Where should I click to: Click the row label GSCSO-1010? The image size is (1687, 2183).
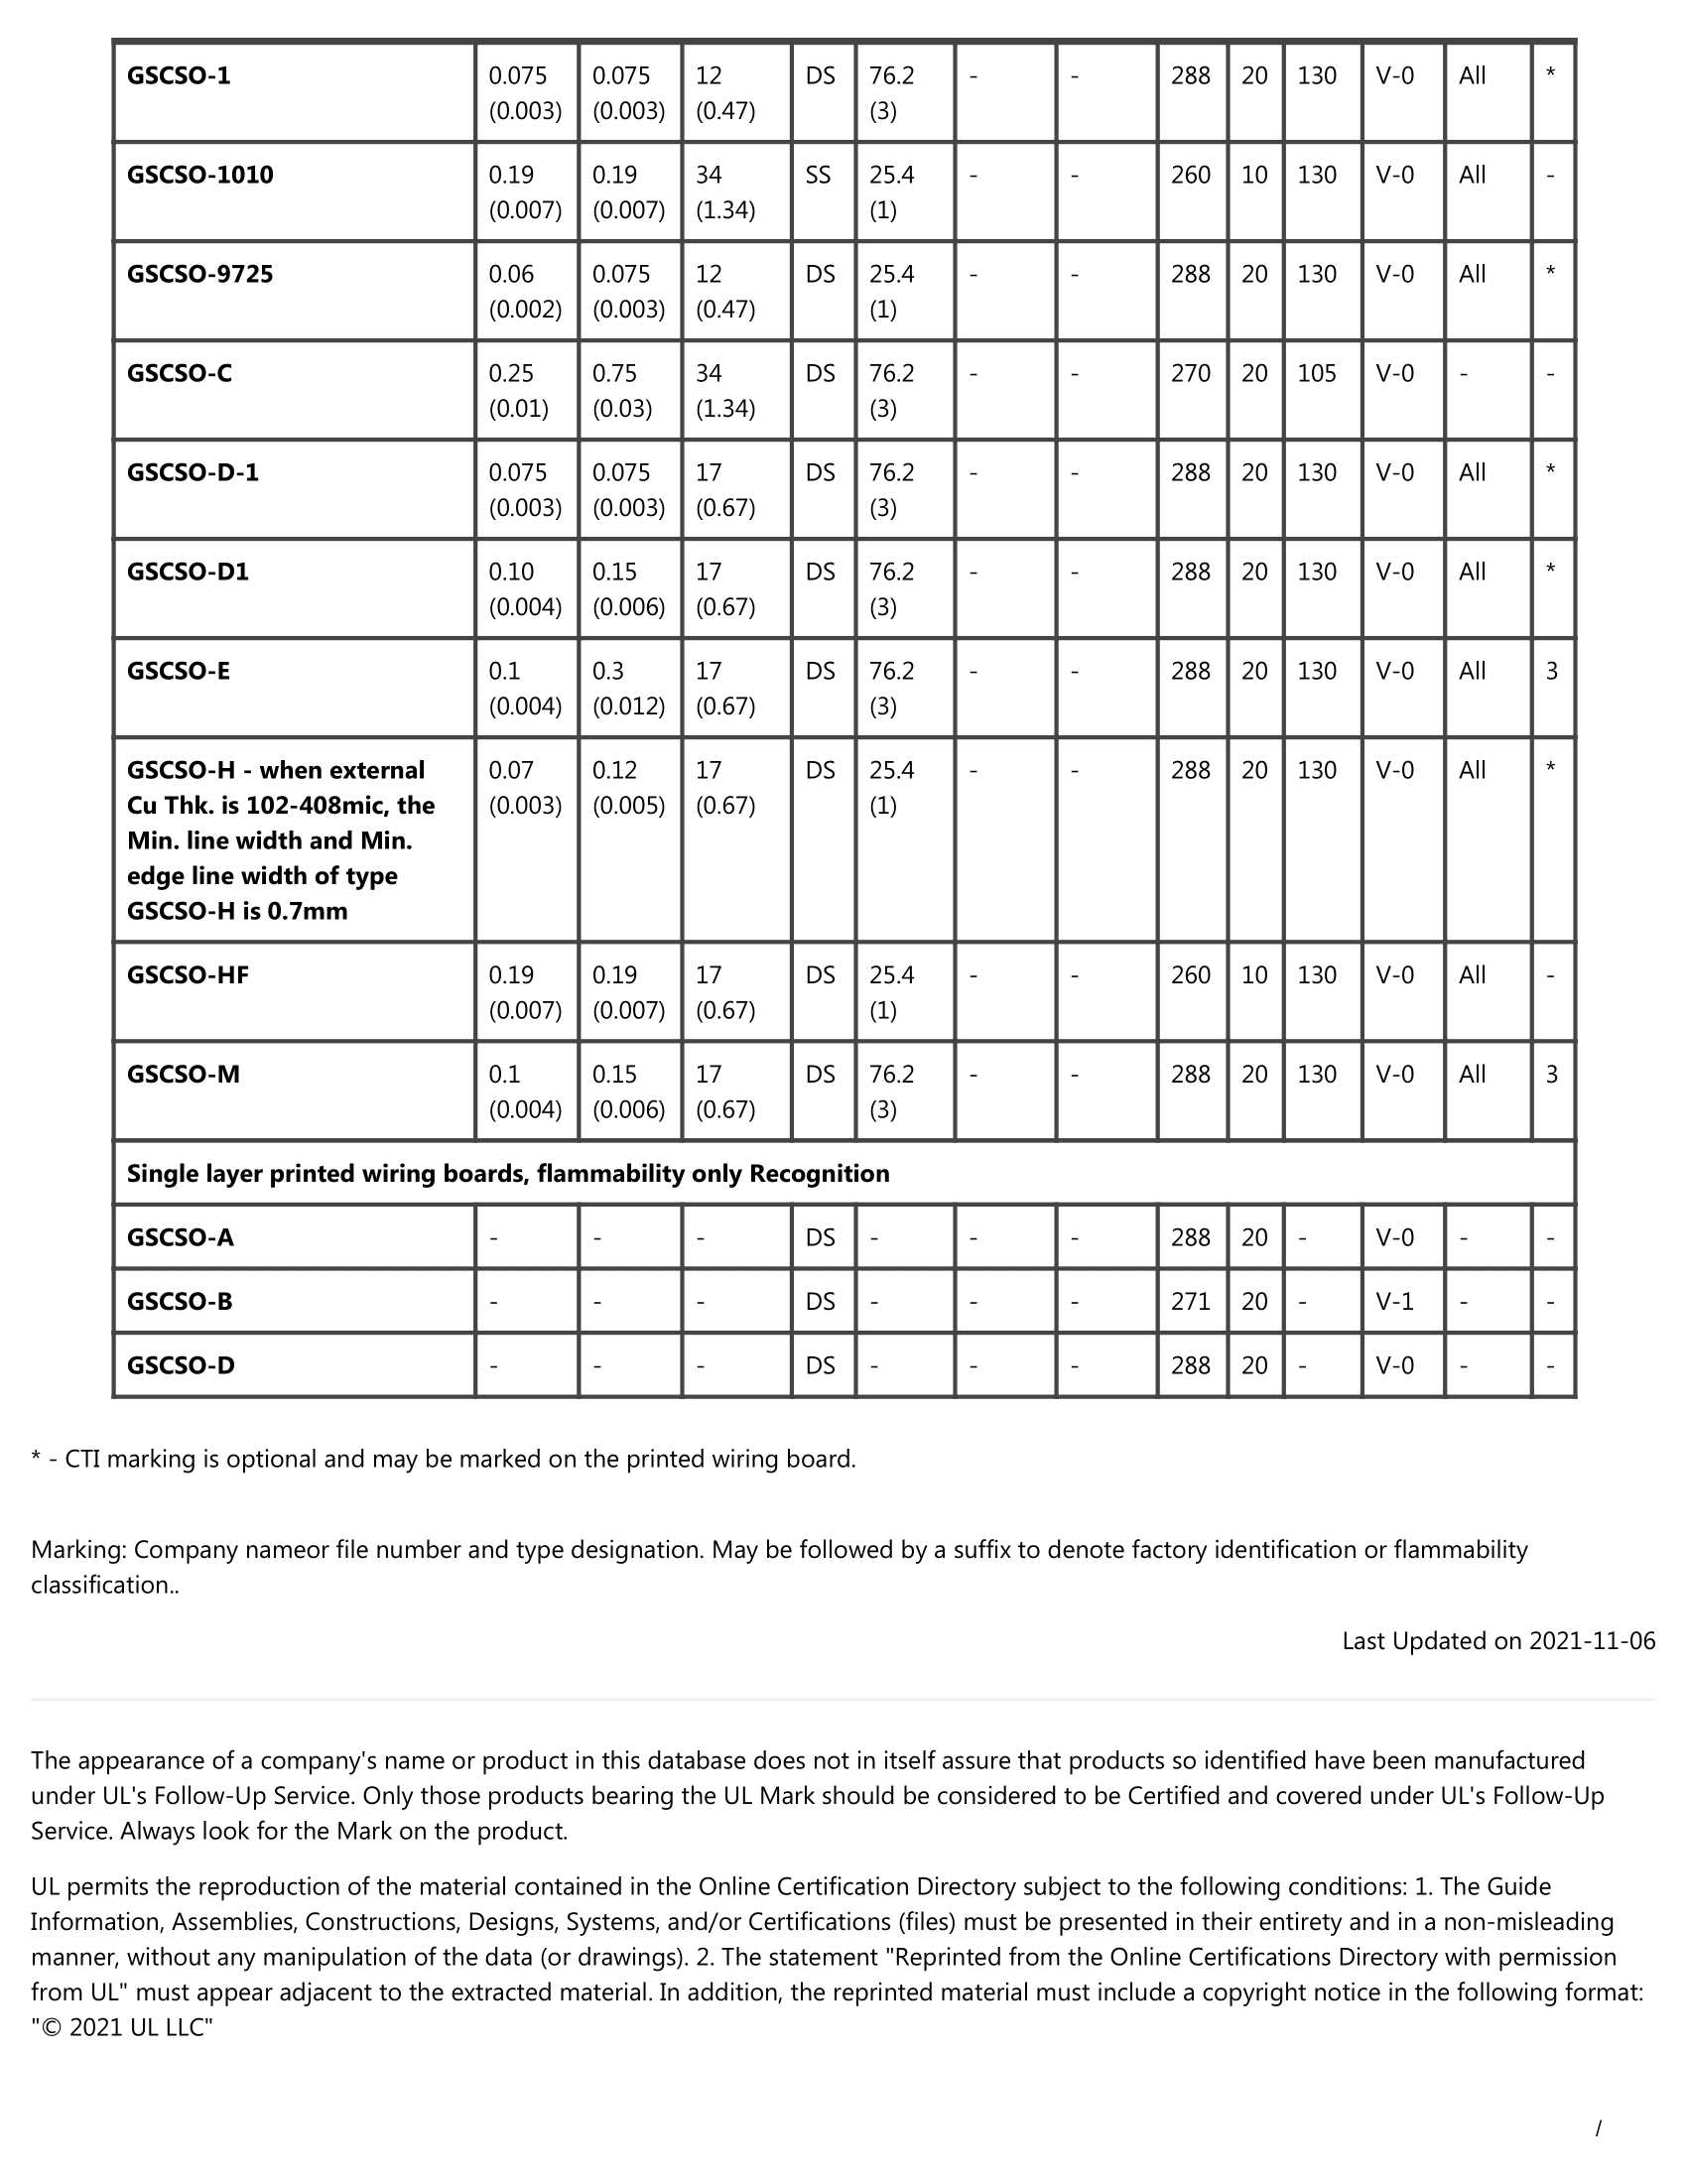pyautogui.click(x=199, y=175)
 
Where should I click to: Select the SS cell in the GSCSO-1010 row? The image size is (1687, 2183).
pyautogui.click(x=818, y=175)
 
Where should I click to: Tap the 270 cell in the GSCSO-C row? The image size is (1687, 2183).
pyautogui.click(x=1190, y=374)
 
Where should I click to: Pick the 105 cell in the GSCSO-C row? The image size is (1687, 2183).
pyautogui.click(x=1316, y=374)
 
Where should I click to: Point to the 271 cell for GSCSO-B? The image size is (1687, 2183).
pyautogui.click(x=1190, y=1302)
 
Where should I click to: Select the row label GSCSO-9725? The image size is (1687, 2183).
pyautogui.click(x=199, y=274)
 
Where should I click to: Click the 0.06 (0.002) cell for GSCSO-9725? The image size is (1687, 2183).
pyautogui.click(x=525, y=291)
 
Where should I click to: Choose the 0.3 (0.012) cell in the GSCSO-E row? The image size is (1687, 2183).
pyautogui.click(x=628, y=688)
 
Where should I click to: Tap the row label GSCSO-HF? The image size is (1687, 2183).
pyautogui.click(x=188, y=974)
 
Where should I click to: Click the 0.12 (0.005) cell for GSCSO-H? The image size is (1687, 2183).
pyautogui.click(x=628, y=788)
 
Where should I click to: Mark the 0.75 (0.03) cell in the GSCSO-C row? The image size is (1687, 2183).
pyautogui.click(x=622, y=391)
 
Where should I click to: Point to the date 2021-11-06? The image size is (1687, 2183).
pyautogui.click(x=1592, y=1641)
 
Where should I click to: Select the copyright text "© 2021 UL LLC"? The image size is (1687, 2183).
pyautogui.click(x=122, y=2028)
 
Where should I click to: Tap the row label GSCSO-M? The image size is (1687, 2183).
pyautogui.click(x=183, y=1075)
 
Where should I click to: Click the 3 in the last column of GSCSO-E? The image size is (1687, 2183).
pyautogui.click(x=1551, y=672)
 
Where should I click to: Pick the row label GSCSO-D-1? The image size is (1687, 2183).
pyautogui.click(x=193, y=472)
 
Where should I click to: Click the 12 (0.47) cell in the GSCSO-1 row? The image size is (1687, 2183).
pyautogui.click(x=724, y=93)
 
